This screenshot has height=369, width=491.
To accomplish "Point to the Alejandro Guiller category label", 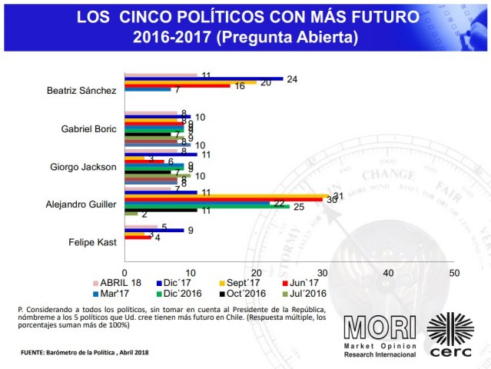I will click(81, 204).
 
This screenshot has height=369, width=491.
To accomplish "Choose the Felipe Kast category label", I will click(95, 243).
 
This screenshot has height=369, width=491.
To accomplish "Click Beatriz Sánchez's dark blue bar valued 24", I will click(203, 79).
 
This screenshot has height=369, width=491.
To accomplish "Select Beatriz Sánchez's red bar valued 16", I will click(177, 85).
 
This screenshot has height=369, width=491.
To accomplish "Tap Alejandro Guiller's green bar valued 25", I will click(207, 206).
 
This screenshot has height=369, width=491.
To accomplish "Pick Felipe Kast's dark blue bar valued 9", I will click(154, 230).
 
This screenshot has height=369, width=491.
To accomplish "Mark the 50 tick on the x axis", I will click(454, 273).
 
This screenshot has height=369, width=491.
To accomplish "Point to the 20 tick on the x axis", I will click(257, 273).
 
